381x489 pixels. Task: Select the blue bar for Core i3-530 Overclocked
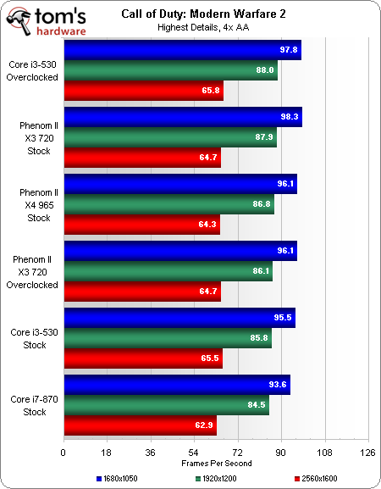[x=182, y=52]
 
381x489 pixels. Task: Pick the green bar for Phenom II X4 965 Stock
[x=168, y=204]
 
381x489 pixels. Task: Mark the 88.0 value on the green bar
[x=264, y=72]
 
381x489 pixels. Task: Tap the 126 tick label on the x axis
[x=367, y=452]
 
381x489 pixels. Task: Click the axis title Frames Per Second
[x=215, y=463]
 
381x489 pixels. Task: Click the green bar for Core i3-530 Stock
[x=168, y=338]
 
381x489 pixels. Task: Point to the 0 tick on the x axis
[x=63, y=452]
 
